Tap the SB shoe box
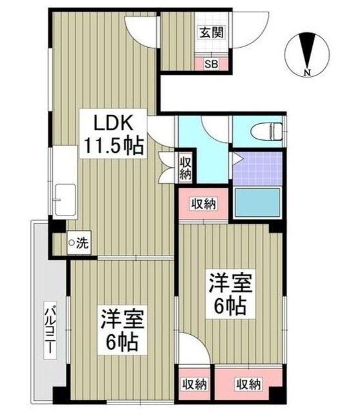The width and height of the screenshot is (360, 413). click(x=211, y=63)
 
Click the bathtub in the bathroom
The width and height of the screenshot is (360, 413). click(x=256, y=205)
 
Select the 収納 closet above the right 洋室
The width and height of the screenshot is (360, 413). click(x=204, y=205)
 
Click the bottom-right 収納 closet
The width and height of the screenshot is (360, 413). click(x=247, y=385)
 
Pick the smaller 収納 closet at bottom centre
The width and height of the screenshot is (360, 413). click(x=194, y=385)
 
